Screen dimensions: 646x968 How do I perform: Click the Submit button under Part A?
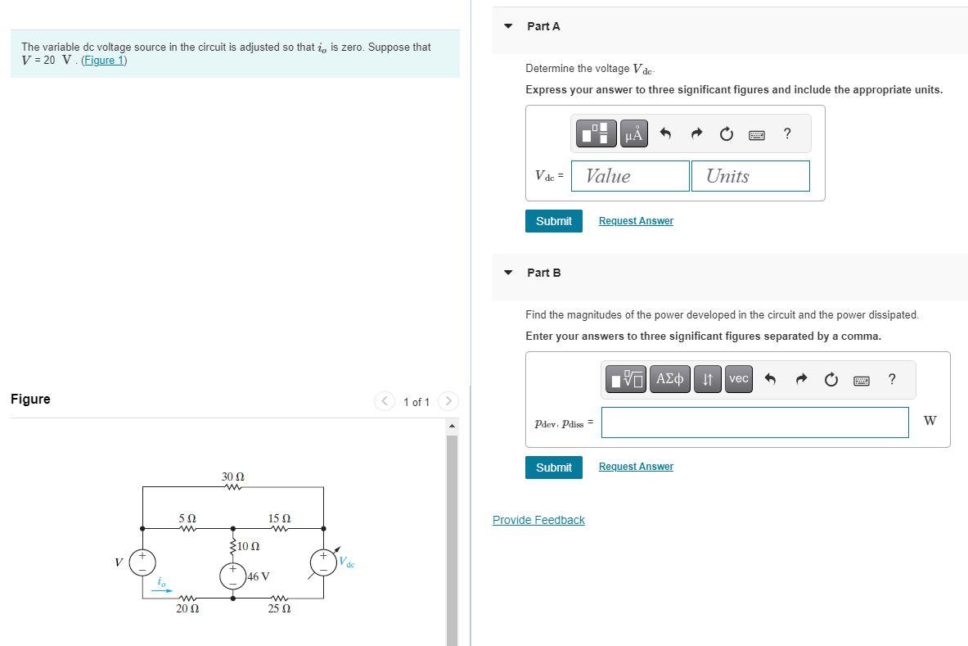coord(553,221)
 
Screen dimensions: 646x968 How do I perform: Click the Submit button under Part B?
coord(553,468)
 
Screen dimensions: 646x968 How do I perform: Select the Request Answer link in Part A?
coord(636,221)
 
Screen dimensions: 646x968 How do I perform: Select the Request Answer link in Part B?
coord(636,467)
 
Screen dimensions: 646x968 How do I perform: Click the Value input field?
coord(630,176)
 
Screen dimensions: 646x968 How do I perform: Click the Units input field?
coord(750,176)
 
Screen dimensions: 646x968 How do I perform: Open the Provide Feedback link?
coord(538,520)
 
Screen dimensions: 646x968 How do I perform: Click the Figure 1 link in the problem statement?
coord(104,61)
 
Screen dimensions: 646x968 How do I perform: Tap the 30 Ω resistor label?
coord(233,476)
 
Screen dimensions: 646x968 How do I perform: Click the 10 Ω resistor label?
coord(249,546)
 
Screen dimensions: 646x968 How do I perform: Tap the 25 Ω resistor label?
coord(279,609)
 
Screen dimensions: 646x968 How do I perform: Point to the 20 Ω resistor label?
coord(187,609)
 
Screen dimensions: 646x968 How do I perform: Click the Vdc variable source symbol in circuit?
coord(323,562)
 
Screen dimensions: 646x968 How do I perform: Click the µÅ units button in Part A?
coord(633,133)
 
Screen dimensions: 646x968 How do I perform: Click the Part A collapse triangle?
coord(508,26)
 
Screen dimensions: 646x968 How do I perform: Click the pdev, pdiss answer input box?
coord(754,422)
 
